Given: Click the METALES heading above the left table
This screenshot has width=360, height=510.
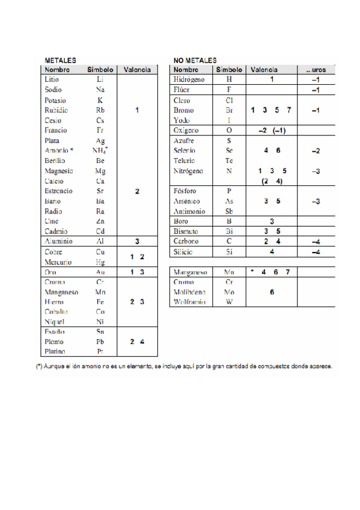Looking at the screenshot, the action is pyautogui.click(x=61, y=61).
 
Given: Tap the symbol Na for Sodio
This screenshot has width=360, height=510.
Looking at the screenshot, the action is pyautogui.click(x=100, y=89).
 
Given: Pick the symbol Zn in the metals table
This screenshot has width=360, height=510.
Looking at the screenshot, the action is pyautogui.click(x=100, y=221).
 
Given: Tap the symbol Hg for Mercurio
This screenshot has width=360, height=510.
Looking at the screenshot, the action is pyautogui.click(x=100, y=262).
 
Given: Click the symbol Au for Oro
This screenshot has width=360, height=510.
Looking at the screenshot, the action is pyautogui.click(x=100, y=272).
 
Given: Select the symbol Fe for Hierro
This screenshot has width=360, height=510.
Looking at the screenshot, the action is pyautogui.click(x=100, y=302).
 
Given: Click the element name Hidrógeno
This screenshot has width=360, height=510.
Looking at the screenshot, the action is pyautogui.click(x=189, y=79).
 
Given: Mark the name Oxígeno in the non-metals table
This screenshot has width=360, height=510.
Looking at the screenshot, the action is pyautogui.click(x=186, y=130).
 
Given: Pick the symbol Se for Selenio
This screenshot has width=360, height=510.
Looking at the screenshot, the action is pyautogui.click(x=229, y=150).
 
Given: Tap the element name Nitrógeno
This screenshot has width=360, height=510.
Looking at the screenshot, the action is pyautogui.click(x=189, y=171).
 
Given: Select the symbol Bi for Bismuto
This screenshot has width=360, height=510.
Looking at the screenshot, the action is pyautogui.click(x=229, y=232).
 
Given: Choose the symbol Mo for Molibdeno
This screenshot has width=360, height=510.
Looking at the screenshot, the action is pyautogui.click(x=229, y=292).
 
